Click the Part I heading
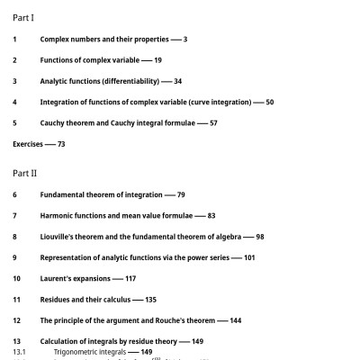point(23,17)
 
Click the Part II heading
point(25,172)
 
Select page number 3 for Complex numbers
point(184,40)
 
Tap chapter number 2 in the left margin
point(14,60)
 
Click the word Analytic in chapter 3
point(57,81)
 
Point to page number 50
point(270,102)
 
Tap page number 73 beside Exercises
point(61,144)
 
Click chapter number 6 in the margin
point(14,194)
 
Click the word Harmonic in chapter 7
point(58,216)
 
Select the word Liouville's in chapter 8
point(59,237)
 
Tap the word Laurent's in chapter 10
point(57,279)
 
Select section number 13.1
point(19,352)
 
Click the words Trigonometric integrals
point(90,352)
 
